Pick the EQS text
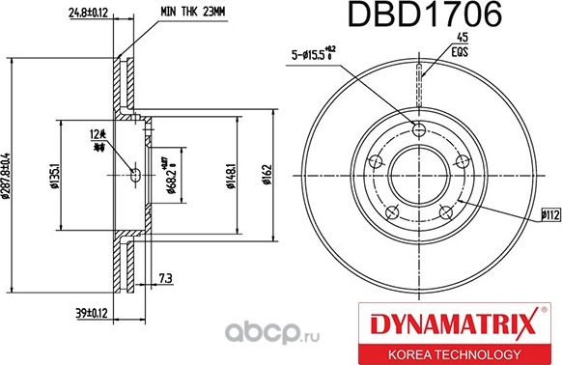pyautogui.click(x=448, y=51)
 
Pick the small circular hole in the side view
pyautogui.click(x=133, y=175)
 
